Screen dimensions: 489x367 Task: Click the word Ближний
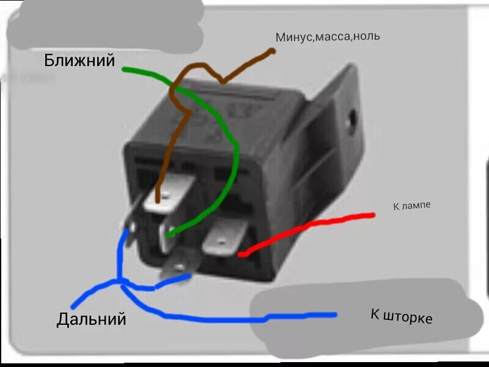click(x=79, y=60)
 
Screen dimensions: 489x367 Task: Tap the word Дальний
click(x=92, y=319)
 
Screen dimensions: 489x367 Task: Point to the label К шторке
click(x=401, y=316)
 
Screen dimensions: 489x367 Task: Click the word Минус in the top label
click(x=295, y=37)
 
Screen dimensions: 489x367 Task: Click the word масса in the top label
click(x=334, y=37)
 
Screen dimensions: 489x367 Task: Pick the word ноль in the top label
click(x=366, y=36)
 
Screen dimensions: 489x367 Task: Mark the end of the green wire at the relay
click(x=169, y=234)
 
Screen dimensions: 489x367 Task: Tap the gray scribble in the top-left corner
click(x=104, y=24)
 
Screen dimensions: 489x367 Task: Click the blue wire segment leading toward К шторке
click(x=244, y=318)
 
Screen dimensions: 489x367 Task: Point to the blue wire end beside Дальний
click(x=74, y=305)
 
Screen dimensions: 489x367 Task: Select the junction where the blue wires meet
click(x=120, y=282)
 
